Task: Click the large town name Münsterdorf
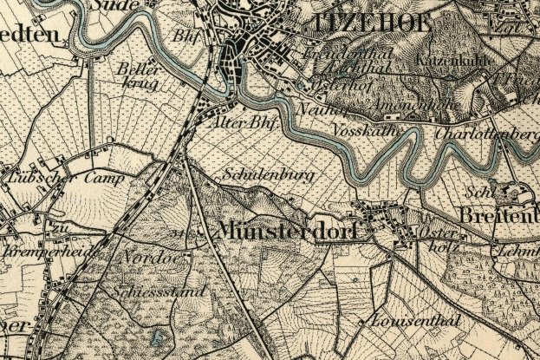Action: click(x=289, y=231)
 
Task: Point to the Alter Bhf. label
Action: click(x=243, y=124)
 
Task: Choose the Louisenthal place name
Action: click(x=413, y=321)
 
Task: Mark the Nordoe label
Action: click(x=144, y=259)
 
